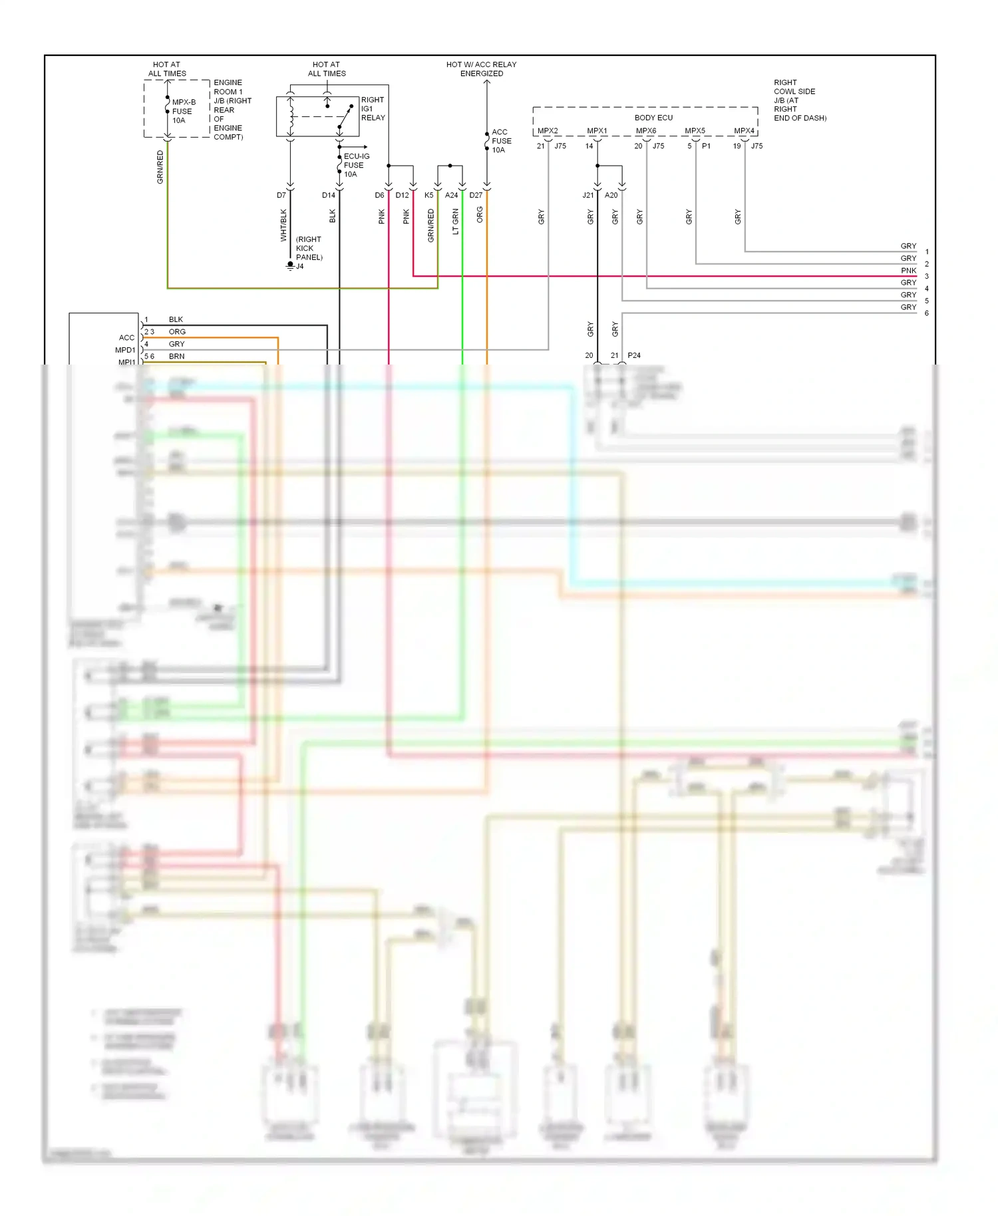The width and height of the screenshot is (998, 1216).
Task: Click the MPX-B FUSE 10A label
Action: [x=183, y=111]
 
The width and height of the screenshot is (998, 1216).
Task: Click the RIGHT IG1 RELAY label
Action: [x=373, y=108]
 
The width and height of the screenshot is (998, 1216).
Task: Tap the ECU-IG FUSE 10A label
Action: [x=356, y=165]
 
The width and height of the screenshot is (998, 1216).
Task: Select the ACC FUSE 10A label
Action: [x=501, y=141]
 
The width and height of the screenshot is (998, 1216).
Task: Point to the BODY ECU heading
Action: [x=653, y=118]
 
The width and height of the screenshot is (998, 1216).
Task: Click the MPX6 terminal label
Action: [x=645, y=131]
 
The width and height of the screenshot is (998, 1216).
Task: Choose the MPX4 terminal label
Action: [x=744, y=131]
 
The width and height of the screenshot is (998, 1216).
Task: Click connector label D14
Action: [x=329, y=196]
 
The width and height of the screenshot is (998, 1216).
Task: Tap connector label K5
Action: [x=428, y=196]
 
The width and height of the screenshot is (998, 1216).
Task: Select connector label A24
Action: [x=451, y=196]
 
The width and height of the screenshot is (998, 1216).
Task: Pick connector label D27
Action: [x=476, y=196]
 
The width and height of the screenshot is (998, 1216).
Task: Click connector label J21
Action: [x=587, y=196]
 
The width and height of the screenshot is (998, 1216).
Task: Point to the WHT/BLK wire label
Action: [x=283, y=225]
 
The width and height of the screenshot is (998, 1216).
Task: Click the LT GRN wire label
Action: [x=456, y=222]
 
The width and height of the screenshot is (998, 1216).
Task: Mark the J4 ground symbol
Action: [x=290, y=265]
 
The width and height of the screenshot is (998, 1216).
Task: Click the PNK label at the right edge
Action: [x=908, y=271]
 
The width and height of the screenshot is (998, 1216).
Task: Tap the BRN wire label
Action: [x=176, y=357]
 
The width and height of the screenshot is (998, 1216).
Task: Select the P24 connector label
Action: [x=634, y=356]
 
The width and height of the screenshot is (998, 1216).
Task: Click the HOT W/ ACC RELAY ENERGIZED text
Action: [x=481, y=69]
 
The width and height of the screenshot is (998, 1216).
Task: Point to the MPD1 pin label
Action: [x=125, y=350]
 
